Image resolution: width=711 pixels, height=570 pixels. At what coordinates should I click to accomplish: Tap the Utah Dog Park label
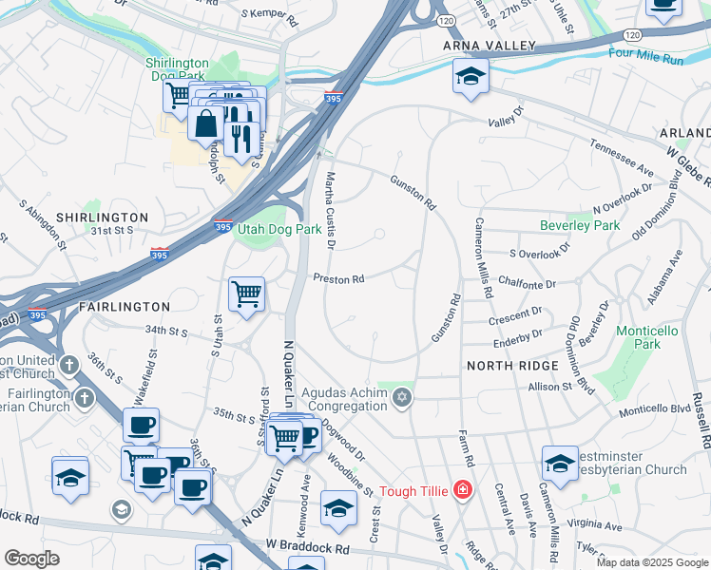(279, 230)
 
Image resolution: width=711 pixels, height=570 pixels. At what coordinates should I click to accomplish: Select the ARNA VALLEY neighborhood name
(489, 46)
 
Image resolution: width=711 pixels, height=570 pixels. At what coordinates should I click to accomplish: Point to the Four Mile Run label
(647, 57)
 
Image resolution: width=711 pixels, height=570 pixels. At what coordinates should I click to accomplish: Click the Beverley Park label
(580, 225)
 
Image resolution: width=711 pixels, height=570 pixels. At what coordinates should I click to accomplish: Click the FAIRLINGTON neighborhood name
(124, 307)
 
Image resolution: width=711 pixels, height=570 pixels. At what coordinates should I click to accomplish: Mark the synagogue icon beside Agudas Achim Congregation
(402, 396)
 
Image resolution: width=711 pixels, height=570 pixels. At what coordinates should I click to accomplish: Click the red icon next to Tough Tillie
(462, 490)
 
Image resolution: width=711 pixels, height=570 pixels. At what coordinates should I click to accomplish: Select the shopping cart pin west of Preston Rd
(247, 294)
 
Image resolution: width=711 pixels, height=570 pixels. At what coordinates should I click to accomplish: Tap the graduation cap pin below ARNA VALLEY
(471, 77)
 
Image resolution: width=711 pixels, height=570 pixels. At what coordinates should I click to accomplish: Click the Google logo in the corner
(31, 559)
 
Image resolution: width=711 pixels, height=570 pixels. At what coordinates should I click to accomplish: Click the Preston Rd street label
(339, 279)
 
